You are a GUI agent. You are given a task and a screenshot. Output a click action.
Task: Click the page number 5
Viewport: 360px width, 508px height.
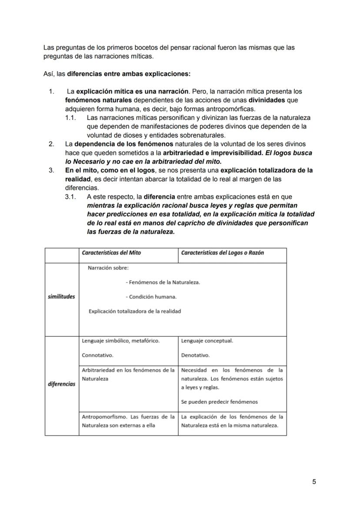click(x=314, y=481)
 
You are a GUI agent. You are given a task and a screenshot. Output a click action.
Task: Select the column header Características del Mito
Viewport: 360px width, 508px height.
click(x=111, y=252)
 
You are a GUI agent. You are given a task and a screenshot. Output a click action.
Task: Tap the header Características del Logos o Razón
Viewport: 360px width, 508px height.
click(x=222, y=252)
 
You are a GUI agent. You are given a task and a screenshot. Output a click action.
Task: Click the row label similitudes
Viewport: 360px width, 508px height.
click(x=61, y=296)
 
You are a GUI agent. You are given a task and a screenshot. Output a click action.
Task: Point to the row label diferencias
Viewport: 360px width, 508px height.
click(x=61, y=384)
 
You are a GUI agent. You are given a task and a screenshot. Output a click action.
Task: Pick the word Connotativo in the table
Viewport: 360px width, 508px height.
click(x=97, y=355)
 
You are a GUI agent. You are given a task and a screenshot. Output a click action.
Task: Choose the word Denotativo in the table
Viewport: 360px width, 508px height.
click(x=195, y=355)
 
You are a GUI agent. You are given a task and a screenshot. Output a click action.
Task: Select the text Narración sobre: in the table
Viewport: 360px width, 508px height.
click(x=108, y=268)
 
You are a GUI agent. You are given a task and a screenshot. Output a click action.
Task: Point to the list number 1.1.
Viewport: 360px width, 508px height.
click(x=70, y=118)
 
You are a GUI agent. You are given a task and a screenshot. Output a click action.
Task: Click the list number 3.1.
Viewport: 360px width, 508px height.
click(x=70, y=197)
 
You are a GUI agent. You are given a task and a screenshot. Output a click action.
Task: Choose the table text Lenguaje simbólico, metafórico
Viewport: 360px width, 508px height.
click(x=120, y=341)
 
